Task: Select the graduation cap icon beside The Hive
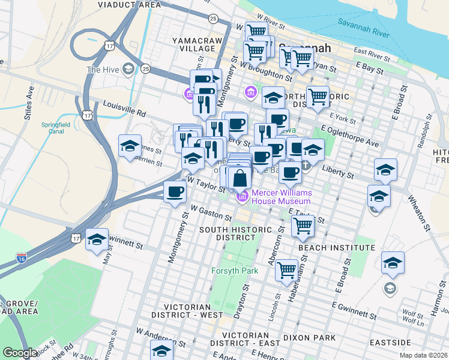pyautogui.click(x=128, y=70)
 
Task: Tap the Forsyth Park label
pyautogui.click(x=234, y=271)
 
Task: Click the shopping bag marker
pyautogui.click(x=240, y=178)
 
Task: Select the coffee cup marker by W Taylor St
pyautogui.click(x=175, y=192)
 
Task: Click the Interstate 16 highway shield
pyautogui.click(x=21, y=258)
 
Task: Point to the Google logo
pyautogui.click(x=20, y=353)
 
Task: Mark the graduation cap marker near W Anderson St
pyautogui.click(x=161, y=350)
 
